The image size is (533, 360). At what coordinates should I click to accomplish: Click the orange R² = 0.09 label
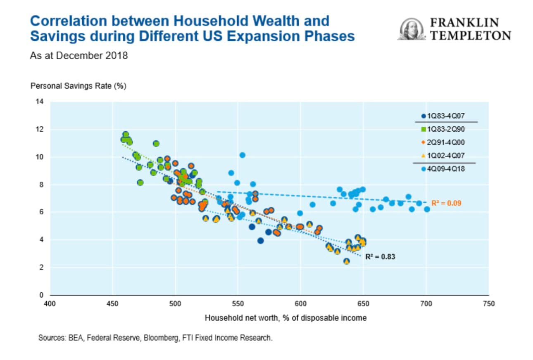[446, 203]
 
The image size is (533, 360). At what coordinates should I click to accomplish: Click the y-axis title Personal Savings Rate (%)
[78, 86]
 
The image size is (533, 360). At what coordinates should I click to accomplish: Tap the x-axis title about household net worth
[285, 318]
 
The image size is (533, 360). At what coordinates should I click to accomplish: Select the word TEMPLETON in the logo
[470, 36]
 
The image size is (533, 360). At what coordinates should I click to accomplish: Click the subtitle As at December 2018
[79, 55]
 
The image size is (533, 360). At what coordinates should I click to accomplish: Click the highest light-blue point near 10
[242, 155]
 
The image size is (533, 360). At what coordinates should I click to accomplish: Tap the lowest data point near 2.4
[347, 261]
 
